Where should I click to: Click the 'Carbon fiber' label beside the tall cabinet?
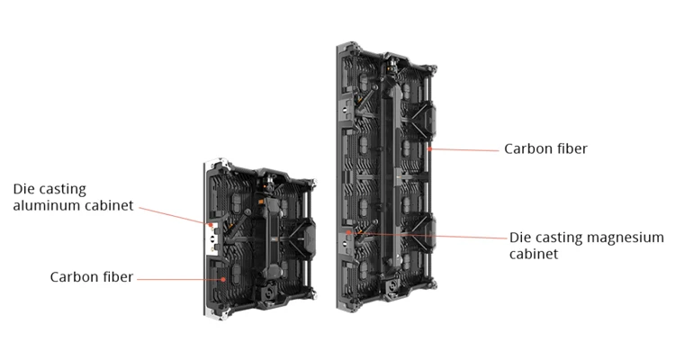(546, 149)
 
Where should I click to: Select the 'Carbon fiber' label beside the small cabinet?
(92, 277)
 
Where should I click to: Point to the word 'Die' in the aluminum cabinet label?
(23, 189)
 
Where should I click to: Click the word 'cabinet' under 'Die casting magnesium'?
(534, 254)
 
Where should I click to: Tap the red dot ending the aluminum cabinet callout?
(211, 225)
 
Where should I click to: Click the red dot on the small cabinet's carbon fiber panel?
(223, 279)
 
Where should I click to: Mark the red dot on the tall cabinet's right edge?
(429, 149)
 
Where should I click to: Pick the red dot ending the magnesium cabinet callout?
(348, 232)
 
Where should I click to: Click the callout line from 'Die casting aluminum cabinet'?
(175, 216)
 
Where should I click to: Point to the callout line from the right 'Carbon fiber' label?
(464, 150)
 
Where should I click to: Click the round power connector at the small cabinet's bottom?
(268, 294)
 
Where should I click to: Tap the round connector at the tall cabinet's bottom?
(393, 286)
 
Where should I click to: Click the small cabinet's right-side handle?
(309, 236)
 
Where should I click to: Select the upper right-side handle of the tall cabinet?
(429, 119)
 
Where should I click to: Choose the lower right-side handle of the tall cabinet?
(429, 232)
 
